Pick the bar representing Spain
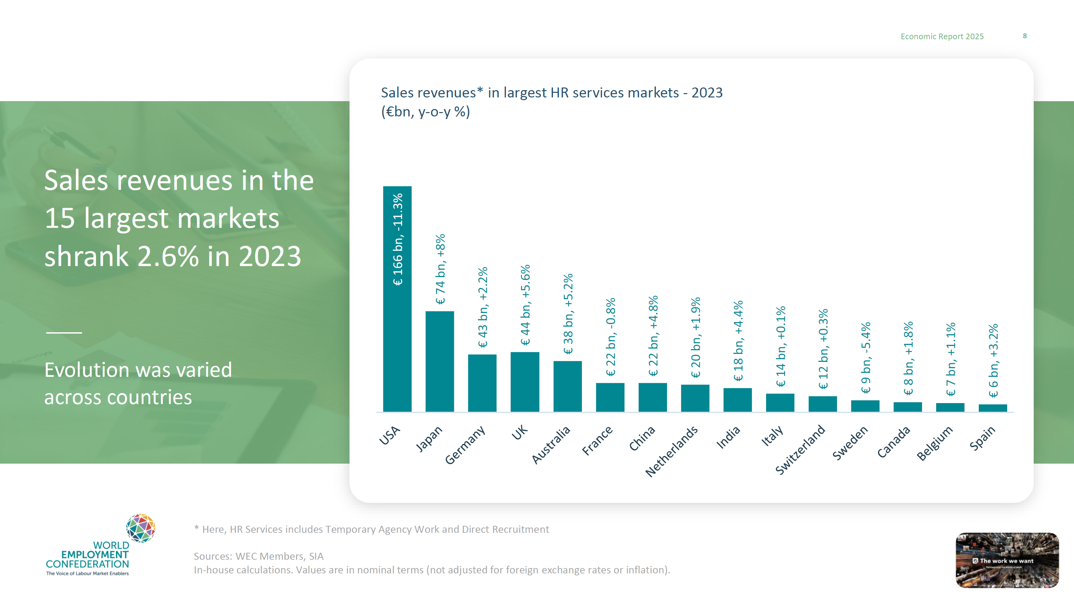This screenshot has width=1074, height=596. (993, 408)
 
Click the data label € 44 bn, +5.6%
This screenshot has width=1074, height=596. (525, 305)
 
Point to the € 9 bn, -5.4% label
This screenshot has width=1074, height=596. (866, 358)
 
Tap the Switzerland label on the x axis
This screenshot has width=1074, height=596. (800, 449)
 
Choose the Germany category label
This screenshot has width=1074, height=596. (465, 444)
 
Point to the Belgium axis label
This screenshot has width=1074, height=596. (935, 443)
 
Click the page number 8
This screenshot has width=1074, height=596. (1025, 36)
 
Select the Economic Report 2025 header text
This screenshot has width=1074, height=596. (942, 36)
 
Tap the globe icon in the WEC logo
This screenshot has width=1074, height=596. (141, 527)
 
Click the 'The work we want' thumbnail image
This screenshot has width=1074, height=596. (1007, 560)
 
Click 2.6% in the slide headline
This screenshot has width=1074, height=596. (168, 256)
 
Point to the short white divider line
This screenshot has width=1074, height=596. (64, 332)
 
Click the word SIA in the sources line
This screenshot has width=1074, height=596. (316, 556)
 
